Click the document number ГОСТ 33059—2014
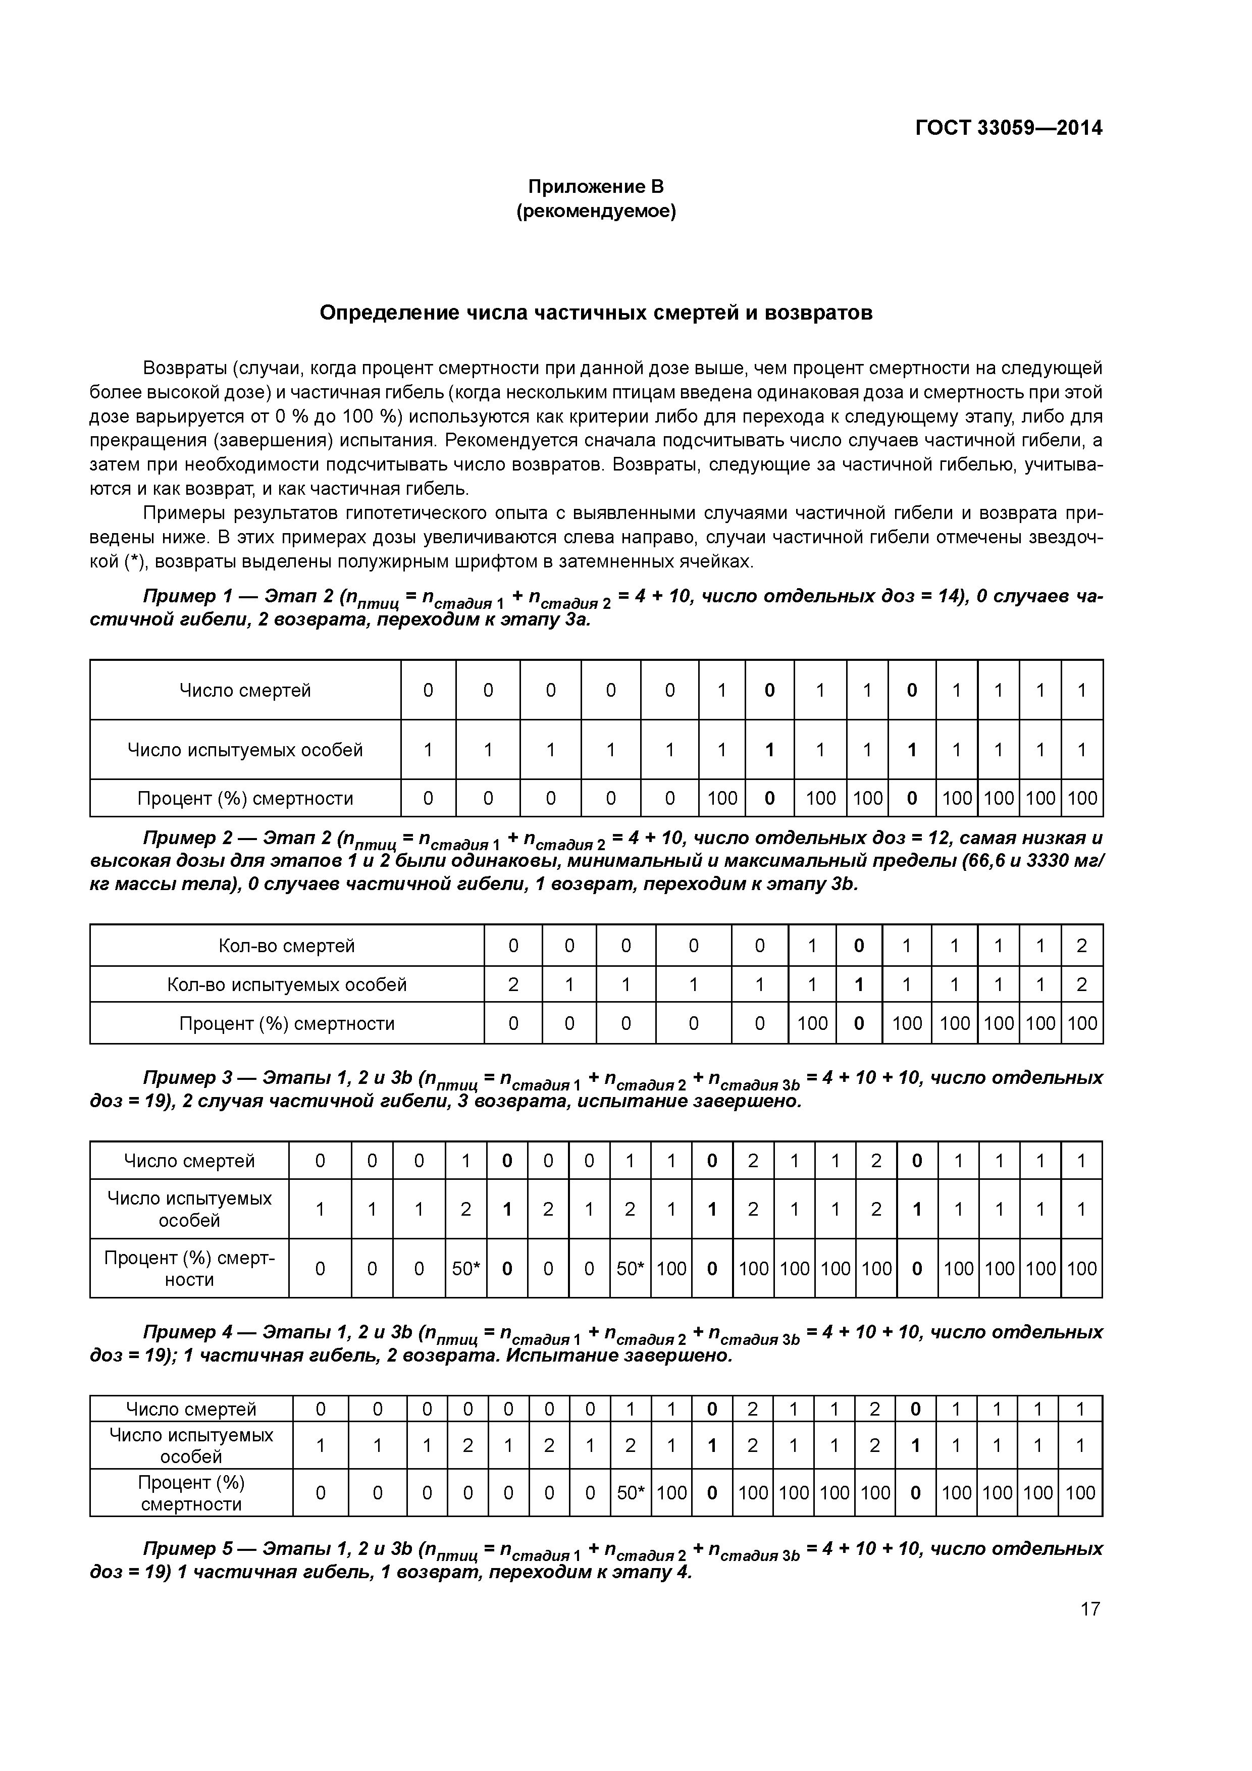pyautogui.click(x=1008, y=128)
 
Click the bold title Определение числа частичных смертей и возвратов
pyautogui.click(x=596, y=313)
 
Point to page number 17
pyautogui.click(x=1090, y=1609)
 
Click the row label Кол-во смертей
pyautogui.click(x=286, y=946)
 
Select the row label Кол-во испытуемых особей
pyautogui.click(x=286, y=984)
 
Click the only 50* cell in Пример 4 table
pyautogui.click(x=630, y=1492)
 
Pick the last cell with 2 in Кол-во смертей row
pyautogui.click(x=1081, y=946)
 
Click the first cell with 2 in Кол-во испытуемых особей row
pyautogui.click(x=512, y=984)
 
